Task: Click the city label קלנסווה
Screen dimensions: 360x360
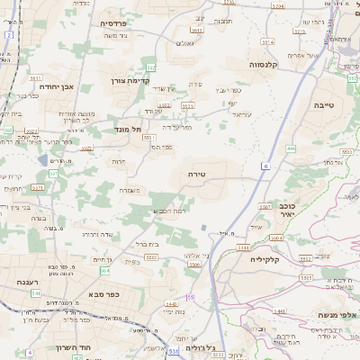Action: point(269,64)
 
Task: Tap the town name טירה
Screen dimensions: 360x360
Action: point(198,174)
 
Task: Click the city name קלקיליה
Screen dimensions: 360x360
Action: point(268,258)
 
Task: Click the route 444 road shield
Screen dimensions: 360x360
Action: point(291,148)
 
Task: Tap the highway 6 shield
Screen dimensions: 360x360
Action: point(265,166)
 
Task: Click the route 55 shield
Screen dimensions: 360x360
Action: point(191,296)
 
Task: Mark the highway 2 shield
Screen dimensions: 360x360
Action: point(9,35)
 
